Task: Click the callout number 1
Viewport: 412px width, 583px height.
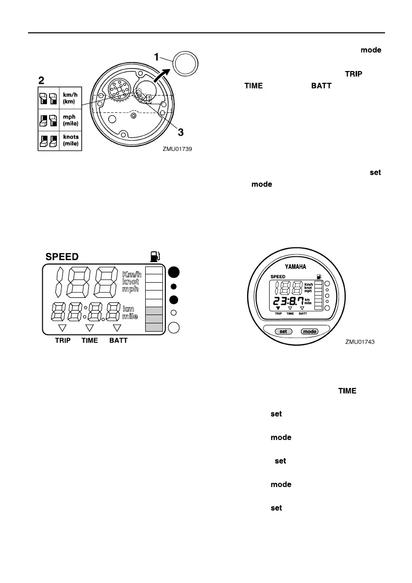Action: tap(157, 57)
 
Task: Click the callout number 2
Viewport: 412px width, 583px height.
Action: tap(42, 78)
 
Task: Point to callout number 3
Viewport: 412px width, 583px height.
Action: tap(180, 132)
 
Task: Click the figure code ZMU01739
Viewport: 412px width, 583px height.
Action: tap(178, 150)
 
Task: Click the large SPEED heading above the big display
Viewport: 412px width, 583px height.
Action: tap(63, 256)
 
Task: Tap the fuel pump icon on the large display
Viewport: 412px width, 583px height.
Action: tap(155, 256)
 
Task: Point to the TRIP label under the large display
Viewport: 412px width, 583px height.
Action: tap(62, 340)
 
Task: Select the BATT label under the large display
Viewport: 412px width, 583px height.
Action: tap(118, 340)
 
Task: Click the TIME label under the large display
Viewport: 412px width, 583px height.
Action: tap(90, 340)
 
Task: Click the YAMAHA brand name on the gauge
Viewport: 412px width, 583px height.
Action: tap(295, 267)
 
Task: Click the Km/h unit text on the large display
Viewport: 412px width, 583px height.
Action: tap(132, 274)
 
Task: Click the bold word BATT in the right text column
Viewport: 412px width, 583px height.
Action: tap(322, 86)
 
